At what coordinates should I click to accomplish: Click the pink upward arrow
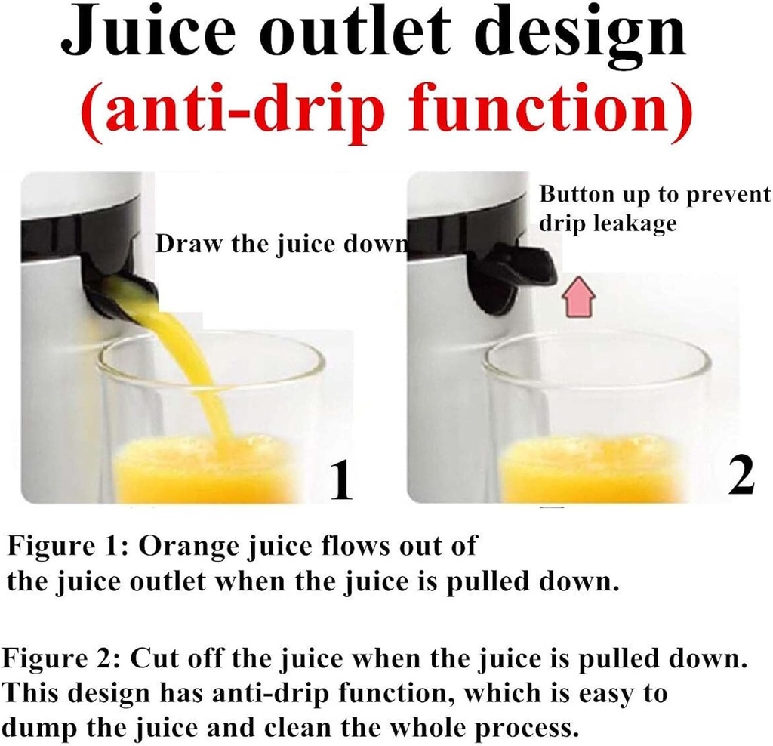click(580, 301)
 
